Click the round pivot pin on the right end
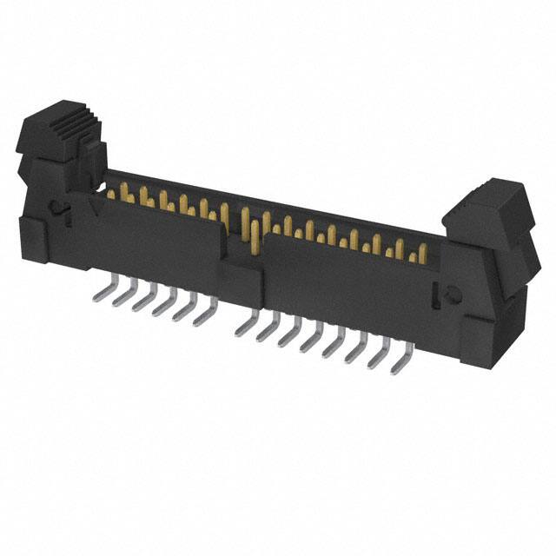coord(451,295)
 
